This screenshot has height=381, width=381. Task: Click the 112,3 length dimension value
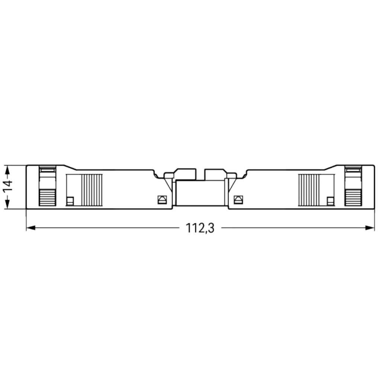(200, 228)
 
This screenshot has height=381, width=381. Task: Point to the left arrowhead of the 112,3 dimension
(30, 228)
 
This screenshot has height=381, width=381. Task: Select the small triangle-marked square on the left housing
(161, 200)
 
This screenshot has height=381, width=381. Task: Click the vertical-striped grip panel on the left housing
(92, 190)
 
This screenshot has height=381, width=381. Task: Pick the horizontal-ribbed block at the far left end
(47, 197)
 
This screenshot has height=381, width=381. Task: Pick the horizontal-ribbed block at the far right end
(353, 197)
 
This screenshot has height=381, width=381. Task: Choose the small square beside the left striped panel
(70, 201)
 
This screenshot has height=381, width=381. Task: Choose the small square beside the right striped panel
(330, 201)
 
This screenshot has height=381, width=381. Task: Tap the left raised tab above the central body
(185, 174)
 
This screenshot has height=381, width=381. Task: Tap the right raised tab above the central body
(215, 174)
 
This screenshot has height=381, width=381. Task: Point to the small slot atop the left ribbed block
(47, 170)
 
